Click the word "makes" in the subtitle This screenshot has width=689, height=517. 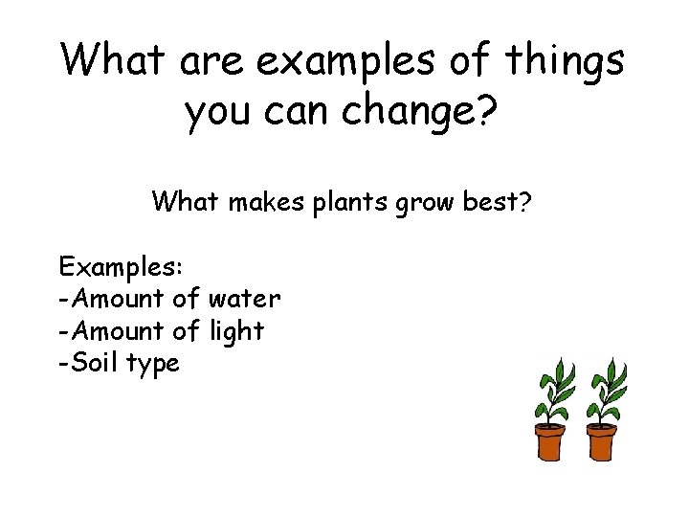point(271,202)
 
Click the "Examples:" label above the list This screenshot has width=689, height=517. point(114,265)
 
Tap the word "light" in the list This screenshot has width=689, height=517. point(235,330)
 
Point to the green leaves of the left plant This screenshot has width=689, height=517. point(554,388)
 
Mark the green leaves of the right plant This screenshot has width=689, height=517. point(607,388)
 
